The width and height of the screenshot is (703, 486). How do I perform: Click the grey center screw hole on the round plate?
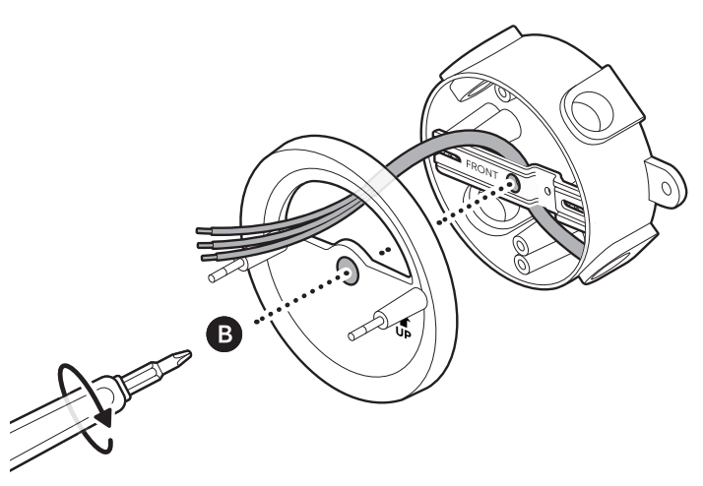[x=347, y=269]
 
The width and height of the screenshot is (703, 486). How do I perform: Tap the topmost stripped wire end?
[x=204, y=232]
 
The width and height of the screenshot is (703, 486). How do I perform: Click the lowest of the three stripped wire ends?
[x=207, y=258]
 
